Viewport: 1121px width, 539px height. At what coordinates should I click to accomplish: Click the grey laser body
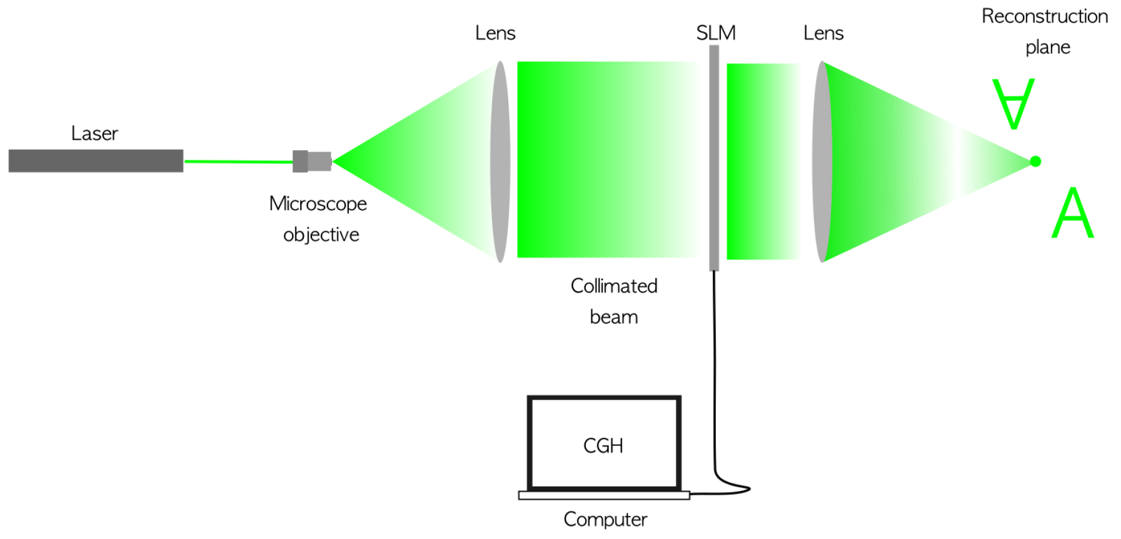click(96, 161)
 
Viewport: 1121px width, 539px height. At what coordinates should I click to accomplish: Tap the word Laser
click(94, 133)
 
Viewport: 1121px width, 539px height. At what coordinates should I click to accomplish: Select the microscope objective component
click(312, 161)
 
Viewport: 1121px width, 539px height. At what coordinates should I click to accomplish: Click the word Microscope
click(318, 204)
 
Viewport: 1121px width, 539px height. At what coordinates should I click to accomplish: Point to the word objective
click(321, 234)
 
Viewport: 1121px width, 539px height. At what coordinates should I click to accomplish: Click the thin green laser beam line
click(238, 161)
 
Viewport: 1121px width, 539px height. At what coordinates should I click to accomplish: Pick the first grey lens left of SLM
click(500, 161)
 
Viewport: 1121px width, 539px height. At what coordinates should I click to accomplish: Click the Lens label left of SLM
click(495, 33)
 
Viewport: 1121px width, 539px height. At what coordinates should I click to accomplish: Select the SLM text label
click(716, 33)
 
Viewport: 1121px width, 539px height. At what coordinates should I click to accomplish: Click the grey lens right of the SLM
click(822, 161)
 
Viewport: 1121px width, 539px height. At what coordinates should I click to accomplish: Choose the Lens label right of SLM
click(823, 33)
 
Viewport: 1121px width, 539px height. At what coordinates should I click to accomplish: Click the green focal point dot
click(1035, 161)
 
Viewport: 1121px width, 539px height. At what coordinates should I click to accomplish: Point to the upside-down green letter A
click(1013, 103)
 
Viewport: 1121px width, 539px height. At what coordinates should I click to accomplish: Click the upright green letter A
click(1072, 213)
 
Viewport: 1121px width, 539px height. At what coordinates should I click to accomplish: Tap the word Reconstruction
click(1045, 16)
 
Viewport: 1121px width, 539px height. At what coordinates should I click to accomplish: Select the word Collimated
click(614, 286)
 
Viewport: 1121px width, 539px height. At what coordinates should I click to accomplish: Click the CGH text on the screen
click(603, 445)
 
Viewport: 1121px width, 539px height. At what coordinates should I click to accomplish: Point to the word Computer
click(605, 519)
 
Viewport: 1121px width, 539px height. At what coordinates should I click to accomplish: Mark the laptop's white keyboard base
click(604, 495)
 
